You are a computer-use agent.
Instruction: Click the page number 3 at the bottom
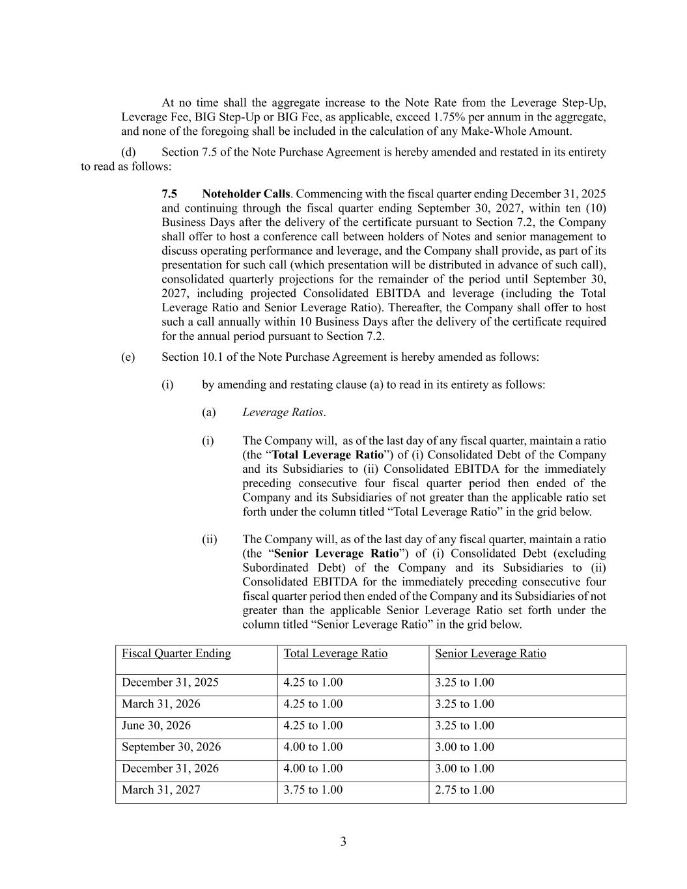click(343, 842)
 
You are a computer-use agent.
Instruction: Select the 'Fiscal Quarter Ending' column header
click(176, 654)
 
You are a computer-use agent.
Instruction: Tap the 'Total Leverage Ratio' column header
click(335, 654)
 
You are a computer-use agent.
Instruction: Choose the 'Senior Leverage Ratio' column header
click(490, 654)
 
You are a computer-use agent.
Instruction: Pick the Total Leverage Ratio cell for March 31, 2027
click(313, 790)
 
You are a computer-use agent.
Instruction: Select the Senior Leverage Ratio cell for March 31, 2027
click(464, 790)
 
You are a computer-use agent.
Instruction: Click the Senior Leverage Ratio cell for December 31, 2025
click(464, 683)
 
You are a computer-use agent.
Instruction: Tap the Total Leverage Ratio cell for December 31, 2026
click(313, 769)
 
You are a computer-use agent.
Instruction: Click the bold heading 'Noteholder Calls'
click(245, 194)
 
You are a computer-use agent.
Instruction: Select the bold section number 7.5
click(169, 194)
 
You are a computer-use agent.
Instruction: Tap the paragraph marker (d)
click(129, 152)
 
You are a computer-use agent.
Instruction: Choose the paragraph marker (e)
click(128, 357)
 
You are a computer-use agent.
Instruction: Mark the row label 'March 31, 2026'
click(161, 704)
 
